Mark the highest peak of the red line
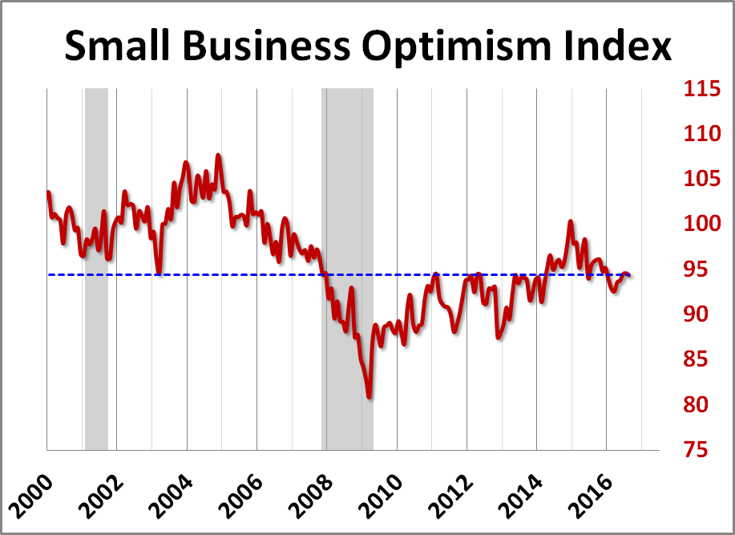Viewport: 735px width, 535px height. [x=218, y=155]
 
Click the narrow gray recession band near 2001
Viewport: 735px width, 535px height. [x=96, y=269]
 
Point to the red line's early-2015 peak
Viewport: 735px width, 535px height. [x=571, y=221]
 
